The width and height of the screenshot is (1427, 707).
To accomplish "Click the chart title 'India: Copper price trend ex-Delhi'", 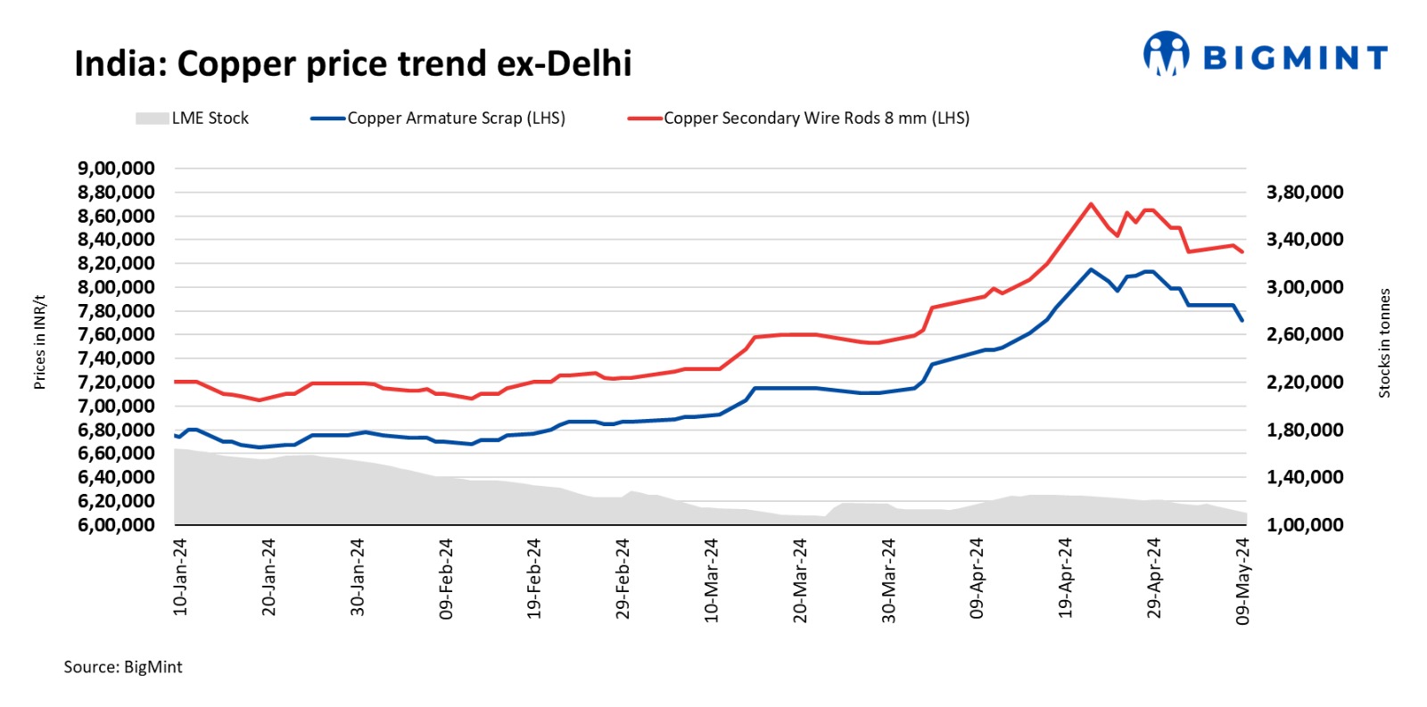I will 352,64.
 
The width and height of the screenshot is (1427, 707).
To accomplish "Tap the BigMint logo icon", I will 1166,54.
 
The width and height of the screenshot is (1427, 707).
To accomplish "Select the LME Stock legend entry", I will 192,119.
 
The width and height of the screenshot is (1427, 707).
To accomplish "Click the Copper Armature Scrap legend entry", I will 438,119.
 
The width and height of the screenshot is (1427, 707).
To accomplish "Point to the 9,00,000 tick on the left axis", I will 116,169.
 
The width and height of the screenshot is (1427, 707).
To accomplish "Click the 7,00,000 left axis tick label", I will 116,407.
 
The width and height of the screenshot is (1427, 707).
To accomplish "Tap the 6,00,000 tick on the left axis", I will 116,525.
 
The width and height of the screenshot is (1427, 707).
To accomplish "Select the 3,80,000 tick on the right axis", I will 1305,193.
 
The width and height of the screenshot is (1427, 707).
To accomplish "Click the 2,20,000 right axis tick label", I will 1305,382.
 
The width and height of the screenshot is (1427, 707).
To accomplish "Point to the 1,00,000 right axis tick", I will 1305,525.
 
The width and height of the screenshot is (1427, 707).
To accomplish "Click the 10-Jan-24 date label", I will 180,577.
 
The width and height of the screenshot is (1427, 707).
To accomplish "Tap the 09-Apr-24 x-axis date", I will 977,579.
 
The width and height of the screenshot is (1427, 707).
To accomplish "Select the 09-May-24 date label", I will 1242,580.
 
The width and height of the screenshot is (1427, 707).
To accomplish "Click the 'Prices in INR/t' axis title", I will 39,342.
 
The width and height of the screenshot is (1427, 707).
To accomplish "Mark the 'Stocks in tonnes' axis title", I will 1384,343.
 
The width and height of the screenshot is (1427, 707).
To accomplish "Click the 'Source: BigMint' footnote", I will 123,667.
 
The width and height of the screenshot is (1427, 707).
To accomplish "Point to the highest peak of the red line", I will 1091,204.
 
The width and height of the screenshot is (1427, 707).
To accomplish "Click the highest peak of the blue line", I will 1091,269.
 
